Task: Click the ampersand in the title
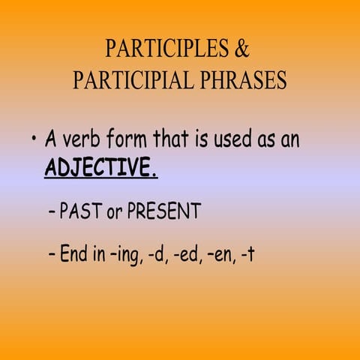coord(241,49)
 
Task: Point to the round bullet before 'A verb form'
coord(34,140)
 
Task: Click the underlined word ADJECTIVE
coord(100,167)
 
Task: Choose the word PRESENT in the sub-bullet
coord(163,212)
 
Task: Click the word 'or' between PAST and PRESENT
coord(115,213)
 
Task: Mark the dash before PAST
coord(51,213)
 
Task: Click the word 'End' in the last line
coord(75,254)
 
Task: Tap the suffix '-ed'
coord(182,255)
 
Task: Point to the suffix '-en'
coord(217,255)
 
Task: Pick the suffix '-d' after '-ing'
coord(153,255)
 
